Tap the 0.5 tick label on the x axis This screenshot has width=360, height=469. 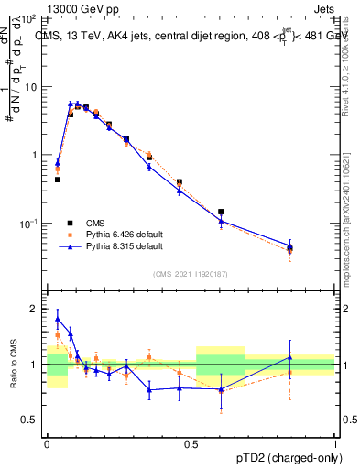coord(191,442)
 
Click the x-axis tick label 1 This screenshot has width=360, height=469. coord(335,442)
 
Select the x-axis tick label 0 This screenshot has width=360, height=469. coord(48,442)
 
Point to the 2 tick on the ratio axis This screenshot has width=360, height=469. coord(34,309)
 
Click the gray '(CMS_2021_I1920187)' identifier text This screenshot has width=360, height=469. coord(191,272)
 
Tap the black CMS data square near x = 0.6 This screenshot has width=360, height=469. coord(221,212)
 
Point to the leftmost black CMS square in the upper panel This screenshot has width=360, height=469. coord(57,180)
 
